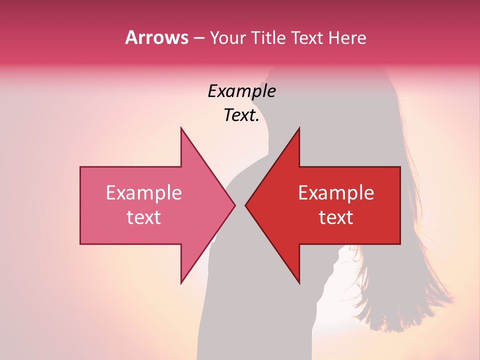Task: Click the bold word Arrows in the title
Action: tap(156, 37)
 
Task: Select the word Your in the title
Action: tap(227, 38)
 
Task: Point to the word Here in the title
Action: tap(347, 38)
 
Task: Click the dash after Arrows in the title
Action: tap(199, 38)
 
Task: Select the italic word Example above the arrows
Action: tap(241, 91)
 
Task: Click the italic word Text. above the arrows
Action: tap(241, 115)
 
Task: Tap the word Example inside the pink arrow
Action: tap(144, 192)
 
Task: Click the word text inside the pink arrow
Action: tap(144, 217)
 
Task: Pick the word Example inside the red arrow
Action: tap(336, 192)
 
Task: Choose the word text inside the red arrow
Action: tap(336, 217)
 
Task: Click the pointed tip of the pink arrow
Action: tap(235, 205)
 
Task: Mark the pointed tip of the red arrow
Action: tap(245, 205)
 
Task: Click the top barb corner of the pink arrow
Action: tap(181, 127)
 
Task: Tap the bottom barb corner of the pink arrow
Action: tap(181, 283)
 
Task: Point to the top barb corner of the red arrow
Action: tap(299, 127)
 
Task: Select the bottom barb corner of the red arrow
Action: tap(299, 283)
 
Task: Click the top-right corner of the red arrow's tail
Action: tap(400, 166)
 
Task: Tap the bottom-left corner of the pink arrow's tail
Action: tap(80, 244)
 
